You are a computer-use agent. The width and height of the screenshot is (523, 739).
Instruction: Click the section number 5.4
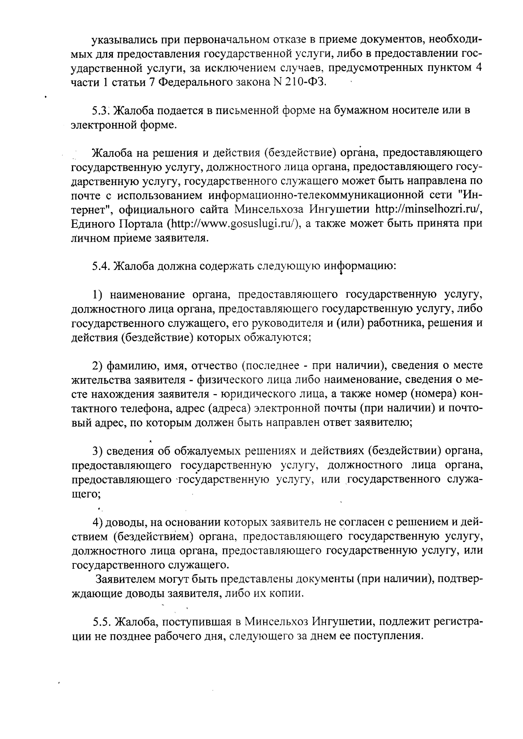click(x=101, y=266)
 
